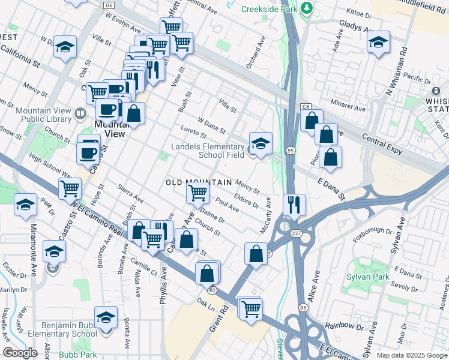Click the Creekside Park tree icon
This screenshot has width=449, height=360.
(307, 8)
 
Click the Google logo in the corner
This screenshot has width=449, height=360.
(20, 353)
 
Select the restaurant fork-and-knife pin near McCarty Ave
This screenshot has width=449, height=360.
(294, 204)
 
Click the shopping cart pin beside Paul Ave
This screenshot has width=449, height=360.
(197, 193)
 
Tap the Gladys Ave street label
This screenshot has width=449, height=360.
(357, 25)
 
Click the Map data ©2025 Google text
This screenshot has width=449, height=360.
(411, 355)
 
